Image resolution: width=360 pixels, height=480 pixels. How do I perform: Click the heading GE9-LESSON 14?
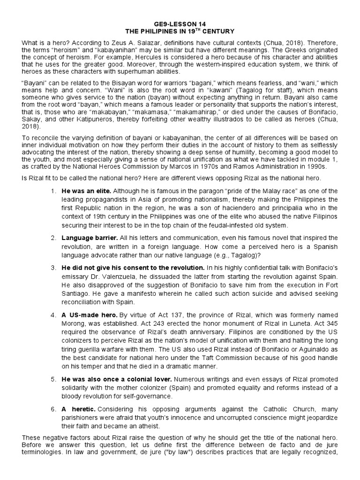click(x=180, y=23)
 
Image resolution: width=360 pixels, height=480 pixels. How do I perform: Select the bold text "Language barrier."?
click(x=89, y=238)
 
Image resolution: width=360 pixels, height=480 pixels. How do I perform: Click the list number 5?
click(x=53, y=382)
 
